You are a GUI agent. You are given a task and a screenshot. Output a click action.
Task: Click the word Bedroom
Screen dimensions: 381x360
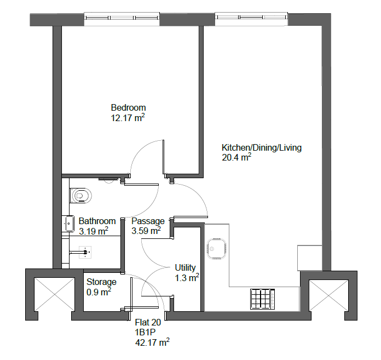click(x=128, y=107)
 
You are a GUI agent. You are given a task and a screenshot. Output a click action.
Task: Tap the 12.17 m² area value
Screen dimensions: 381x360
click(x=128, y=118)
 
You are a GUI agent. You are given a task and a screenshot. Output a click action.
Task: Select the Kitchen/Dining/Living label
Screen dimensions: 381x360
click(x=262, y=147)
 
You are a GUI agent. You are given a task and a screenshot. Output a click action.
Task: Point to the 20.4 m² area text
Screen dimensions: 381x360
click(x=236, y=157)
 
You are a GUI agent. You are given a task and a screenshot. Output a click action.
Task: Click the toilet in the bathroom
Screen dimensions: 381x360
click(x=80, y=196)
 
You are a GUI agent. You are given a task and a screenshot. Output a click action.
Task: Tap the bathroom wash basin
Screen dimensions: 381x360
click(x=68, y=224)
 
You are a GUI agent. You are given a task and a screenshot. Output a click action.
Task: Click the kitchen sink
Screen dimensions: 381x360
click(x=216, y=249)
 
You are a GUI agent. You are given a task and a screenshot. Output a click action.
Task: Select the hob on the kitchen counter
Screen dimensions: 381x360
click(x=262, y=299)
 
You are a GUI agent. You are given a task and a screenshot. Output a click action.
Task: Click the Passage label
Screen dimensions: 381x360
click(x=148, y=221)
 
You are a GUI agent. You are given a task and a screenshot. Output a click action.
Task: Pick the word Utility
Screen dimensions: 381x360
click(x=185, y=268)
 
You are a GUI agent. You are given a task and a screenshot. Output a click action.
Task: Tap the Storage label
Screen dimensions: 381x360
click(x=101, y=282)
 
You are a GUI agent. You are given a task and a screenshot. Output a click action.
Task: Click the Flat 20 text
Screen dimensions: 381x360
click(x=148, y=323)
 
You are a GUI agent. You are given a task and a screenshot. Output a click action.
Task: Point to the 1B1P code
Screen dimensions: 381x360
click(x=145, y=332)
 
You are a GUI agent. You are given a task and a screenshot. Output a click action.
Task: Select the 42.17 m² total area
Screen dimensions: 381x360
click(x=152, y=342)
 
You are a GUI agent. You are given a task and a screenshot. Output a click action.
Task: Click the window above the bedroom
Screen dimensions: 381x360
click(x=122, y=19)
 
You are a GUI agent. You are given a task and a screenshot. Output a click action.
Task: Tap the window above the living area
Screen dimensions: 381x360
click(x=251, y=19)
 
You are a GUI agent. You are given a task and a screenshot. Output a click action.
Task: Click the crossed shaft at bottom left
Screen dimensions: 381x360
click(x=54, y=294)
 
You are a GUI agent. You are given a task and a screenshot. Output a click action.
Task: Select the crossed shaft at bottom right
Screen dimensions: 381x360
click(x=328, y=295)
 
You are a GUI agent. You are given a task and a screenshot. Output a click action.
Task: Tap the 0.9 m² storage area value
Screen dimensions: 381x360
click(x=99, y=292)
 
